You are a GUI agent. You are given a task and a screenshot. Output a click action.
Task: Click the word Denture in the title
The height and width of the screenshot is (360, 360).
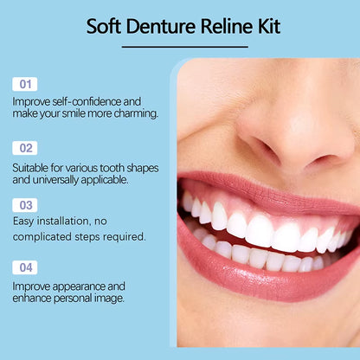[x=164, y=26]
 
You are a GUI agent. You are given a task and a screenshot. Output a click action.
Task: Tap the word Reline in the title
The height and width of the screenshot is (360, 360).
[x=228, y=26]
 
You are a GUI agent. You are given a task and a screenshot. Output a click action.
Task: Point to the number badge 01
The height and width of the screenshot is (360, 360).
[x=24, y=84]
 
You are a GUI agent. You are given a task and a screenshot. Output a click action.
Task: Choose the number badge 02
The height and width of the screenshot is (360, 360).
[x=24, y=148]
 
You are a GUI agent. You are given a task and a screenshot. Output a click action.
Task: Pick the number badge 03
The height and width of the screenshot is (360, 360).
[x=24, y=205]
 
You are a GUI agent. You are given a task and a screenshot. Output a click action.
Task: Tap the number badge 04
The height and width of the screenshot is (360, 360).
[x=24, y=267]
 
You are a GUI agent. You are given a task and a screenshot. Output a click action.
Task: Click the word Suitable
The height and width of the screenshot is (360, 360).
[x=34, y=166]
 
